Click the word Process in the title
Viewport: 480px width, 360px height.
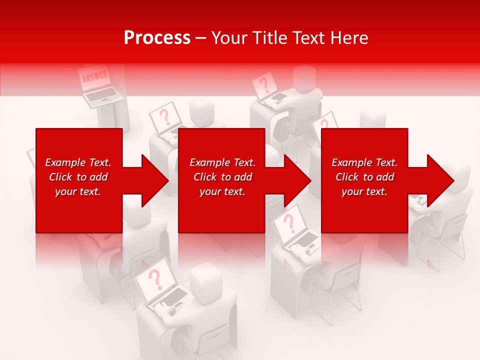(157, 37)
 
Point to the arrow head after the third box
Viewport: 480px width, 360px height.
(440, 180)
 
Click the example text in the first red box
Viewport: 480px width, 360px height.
(78, 177)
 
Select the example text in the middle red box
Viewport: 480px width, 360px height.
(222, 177)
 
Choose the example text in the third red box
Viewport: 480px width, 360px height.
(364, 177)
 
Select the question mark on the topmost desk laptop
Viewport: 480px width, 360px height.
(263, 83)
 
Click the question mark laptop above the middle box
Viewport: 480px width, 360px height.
(164, 117)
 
